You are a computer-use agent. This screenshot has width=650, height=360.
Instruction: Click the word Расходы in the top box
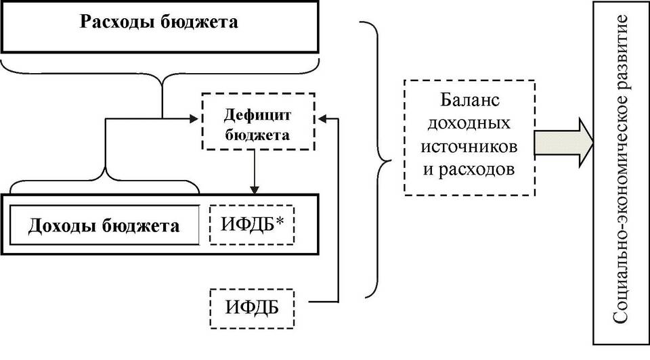coord(119,22)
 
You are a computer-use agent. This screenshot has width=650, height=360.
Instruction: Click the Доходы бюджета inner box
coord(104,225)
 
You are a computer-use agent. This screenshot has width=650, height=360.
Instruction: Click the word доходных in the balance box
coord(470,125)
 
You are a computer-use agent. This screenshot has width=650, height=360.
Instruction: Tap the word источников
coord(470,147)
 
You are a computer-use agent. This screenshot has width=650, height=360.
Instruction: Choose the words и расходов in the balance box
coord(470,168)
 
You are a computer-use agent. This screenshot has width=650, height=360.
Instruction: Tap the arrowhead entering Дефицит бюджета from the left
coord(199,119)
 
